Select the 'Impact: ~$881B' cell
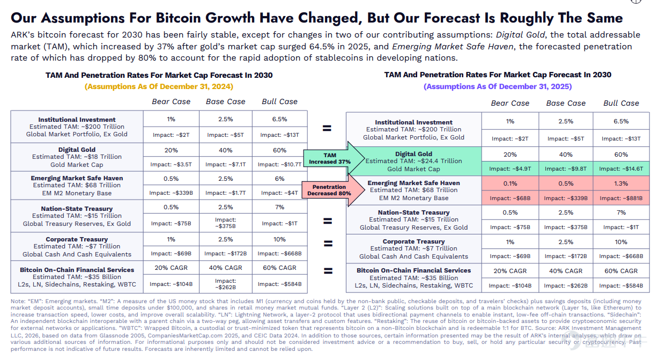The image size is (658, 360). tap(621, 198)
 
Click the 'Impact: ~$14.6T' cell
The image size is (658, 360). tap(621, 168)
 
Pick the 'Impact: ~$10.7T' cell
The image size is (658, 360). tap(279, 164)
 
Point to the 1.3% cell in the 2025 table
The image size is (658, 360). tap(621, 183)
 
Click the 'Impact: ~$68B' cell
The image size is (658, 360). tap(510, 198)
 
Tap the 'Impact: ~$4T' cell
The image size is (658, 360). tap(279, 193)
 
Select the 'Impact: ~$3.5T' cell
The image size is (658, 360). tap(171, 164)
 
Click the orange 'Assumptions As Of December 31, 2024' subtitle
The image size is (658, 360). tap(159, 86)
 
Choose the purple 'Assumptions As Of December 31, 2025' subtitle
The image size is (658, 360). tap(498, 86)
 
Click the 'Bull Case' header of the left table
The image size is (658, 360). tap(279, 101)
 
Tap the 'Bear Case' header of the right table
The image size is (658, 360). tap(510, 103)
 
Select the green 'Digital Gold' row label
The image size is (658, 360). tap(413, 153)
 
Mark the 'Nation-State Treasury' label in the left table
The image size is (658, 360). tap(77, 209)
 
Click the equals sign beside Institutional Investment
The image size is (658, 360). tap(327, 128)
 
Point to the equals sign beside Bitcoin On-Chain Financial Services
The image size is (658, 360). tap(328, 270)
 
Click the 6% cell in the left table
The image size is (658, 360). tap(279, 179)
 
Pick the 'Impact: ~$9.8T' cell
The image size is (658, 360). tap(566, 168)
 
